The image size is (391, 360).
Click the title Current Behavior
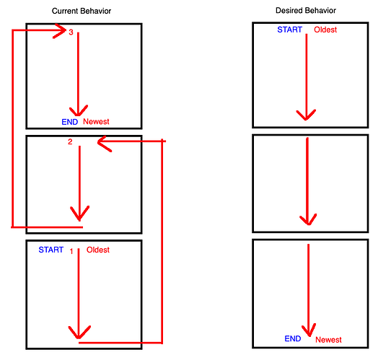coord(82,11)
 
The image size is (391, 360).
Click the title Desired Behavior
coord(306,11)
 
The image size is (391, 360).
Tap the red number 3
coord(71,32)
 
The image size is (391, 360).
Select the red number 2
coord(70,142)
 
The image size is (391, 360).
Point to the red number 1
coord(71,251)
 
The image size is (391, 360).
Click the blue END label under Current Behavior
coord(70,122)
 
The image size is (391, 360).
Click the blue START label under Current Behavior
coord(51,250)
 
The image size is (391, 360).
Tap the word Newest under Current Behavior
coord(96,122)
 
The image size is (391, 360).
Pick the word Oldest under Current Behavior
coord(98,250)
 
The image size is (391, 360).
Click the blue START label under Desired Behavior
coord(290,30)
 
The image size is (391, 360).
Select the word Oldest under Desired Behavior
coord(325,30)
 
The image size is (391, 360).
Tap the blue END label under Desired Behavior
coord(293,338)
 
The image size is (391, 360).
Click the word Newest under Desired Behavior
coord(329,340)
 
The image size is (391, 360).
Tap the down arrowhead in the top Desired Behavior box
coord(306,116)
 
